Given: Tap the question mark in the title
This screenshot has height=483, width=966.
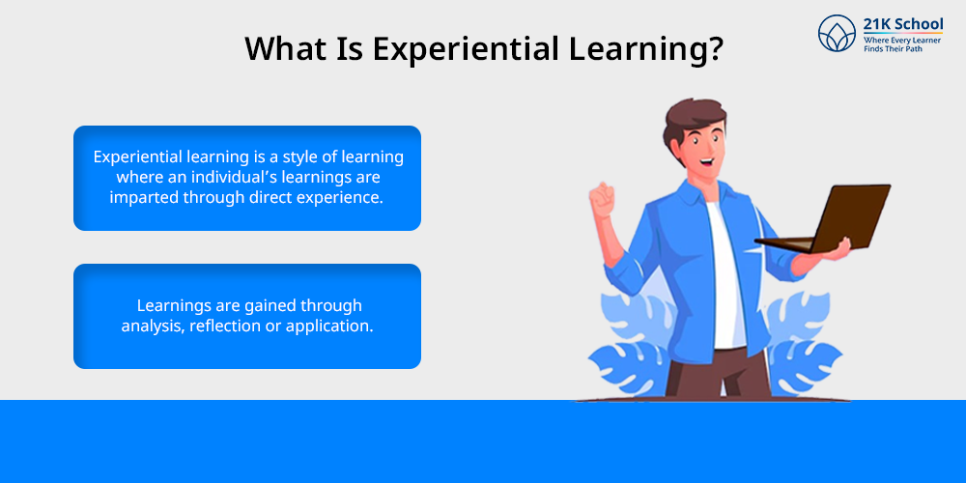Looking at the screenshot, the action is click(x=714, y=47).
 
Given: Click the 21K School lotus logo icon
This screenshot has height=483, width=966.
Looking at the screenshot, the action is click(x=838, y=33).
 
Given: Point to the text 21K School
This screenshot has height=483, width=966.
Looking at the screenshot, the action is click(x=902, y=25).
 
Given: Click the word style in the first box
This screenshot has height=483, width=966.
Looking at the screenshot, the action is click(x=301, y=157).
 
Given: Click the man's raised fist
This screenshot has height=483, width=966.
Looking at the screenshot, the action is click(x=601, y=199).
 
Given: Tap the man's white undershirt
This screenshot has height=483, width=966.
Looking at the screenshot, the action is click(x=727, y=277).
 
